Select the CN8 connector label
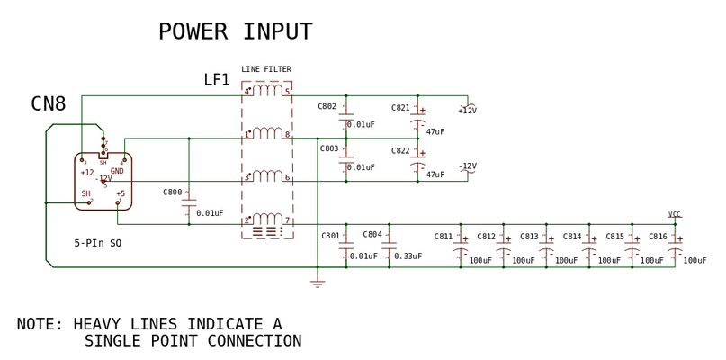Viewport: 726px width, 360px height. (x=49, y=104)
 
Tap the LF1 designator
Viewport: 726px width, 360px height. (x=217, y=81)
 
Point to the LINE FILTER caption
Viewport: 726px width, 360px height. (x=265, y=69)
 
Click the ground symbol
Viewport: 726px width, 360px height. (x=317, y=283)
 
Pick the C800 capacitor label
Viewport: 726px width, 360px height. (x=172, y=192)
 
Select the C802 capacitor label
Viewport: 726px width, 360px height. (x=327, y=106)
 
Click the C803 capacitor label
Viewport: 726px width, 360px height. (x=327, y=148)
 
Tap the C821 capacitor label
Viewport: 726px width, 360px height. (x=400, y=108)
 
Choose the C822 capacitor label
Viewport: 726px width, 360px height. (x=400, y=150)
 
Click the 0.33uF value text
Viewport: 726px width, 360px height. (x=408, y=256)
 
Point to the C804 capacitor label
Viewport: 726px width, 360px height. (x=372, y=234)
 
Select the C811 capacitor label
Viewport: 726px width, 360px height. (x=444, y=237)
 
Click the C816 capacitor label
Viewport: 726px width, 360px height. (x=658, y=237)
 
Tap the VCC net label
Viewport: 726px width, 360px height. (x=674, y=215)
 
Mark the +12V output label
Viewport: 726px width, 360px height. (x=467, y=111)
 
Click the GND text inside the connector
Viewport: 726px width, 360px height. (x=117, y=171)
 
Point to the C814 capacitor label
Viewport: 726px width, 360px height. (x=572, y=237)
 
